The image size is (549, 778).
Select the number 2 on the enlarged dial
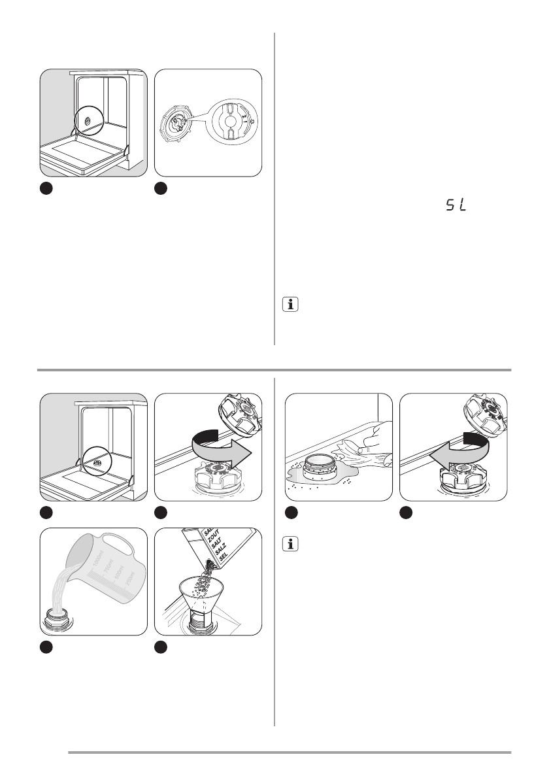pos(243,116)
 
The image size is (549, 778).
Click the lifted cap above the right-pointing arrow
pos(238,416)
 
